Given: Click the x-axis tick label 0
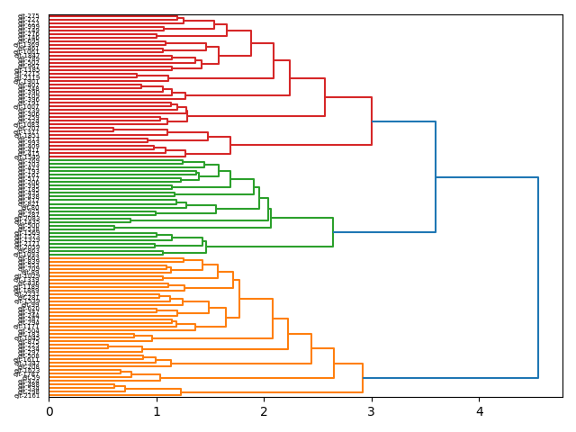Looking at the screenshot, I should tap(49, 411).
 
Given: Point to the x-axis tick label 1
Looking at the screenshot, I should tap(157, 411).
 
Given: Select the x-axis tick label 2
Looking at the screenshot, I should tap(265, 411).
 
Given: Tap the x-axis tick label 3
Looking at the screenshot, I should tap(372, 411).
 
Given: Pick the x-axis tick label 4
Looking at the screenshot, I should tap(480, 411).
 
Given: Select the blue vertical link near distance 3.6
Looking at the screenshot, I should tap(436, 176).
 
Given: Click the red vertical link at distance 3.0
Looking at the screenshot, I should tap(372, 121).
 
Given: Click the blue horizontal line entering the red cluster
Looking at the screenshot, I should tap(403, 121).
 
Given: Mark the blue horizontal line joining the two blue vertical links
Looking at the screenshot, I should tap(487, 177).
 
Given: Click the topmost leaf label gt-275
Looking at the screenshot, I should tap(28, 16).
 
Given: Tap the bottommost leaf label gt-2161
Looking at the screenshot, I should tap(27, 395).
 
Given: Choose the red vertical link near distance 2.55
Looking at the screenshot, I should tap(325, 97).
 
